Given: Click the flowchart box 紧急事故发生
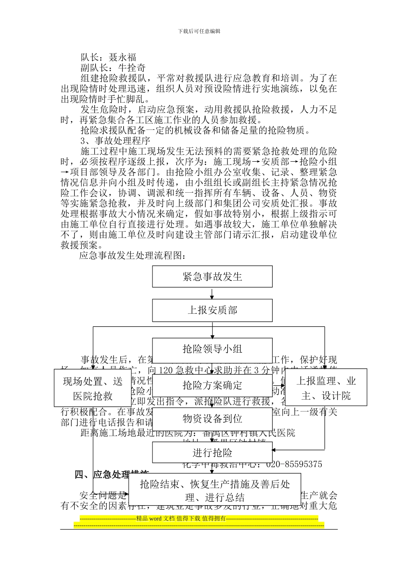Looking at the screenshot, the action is (212, 276).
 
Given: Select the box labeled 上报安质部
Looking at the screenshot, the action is (212, 310).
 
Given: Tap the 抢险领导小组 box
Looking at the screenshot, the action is (212, 349).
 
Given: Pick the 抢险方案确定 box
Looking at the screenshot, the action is (212, 385).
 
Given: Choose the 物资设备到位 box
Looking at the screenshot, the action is (212, 418).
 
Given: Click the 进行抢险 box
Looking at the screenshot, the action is (212, 452).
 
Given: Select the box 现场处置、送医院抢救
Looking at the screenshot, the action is (93, 388).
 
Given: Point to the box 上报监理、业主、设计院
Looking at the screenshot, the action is (326, 388).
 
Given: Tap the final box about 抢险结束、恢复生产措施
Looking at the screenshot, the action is (215, 491).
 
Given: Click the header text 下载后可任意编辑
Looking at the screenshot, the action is (199, 31).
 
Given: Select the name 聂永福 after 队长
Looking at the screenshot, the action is (122, 57).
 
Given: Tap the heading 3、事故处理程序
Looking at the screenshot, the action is (115, 141).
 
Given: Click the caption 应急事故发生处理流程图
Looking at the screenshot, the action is (132, 256).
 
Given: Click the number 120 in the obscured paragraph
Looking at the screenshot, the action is (166, 370).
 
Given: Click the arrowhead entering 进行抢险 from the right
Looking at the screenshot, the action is (275, 450).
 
